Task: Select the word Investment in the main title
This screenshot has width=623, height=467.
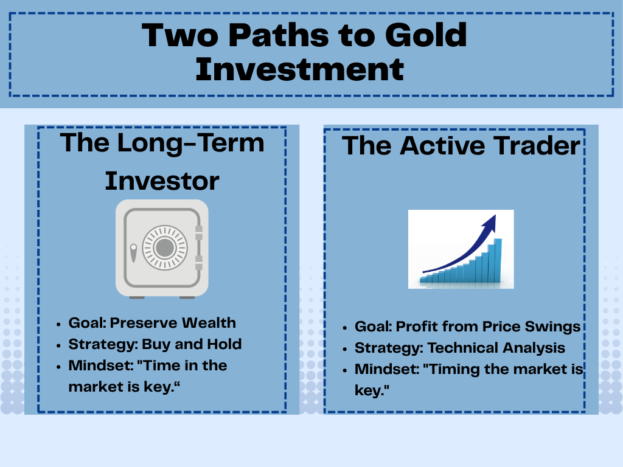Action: coord(299,69)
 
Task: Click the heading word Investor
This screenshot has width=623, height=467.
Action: coord(162,181)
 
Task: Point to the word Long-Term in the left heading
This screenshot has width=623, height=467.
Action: coord(192,144)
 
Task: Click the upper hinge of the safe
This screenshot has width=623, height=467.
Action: coord(198,230)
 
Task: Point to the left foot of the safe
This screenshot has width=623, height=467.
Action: coord(137,297)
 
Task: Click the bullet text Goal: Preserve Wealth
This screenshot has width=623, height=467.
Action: coord(151,323)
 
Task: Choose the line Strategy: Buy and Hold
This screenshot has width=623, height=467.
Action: coord(155,344)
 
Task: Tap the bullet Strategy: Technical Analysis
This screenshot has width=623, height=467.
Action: coord(459,348)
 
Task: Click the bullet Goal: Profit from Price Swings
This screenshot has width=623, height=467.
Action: coord(467,327)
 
